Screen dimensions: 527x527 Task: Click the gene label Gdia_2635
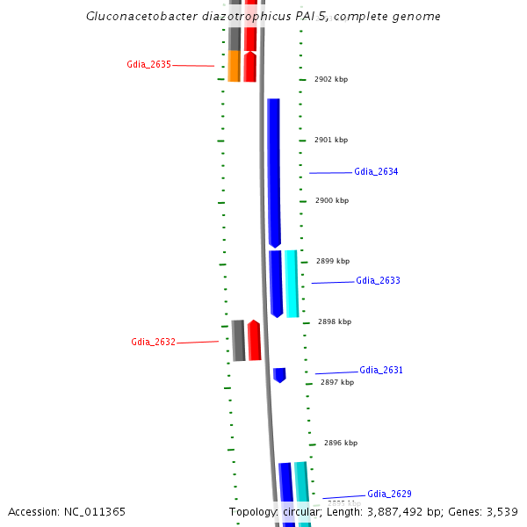[148, 64]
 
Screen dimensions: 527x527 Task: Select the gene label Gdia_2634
[376, 171]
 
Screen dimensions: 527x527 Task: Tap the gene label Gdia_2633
[378, 280]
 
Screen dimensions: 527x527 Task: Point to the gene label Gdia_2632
[153, 342]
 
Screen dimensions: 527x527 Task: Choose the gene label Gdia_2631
[381, 370]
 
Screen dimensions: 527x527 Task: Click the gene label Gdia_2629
[389, 494]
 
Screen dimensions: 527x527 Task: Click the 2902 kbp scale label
[331, 79]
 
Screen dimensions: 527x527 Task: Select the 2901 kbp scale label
[331, 140]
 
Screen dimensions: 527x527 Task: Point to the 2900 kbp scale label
[332, 200]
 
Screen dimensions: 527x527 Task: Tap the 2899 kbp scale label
[333, 261]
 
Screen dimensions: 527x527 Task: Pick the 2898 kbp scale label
[335, 321]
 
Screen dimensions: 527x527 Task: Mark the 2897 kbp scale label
[337, 382]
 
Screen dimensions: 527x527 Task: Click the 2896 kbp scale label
[341, 443]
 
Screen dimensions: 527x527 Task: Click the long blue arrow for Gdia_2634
[274, 171]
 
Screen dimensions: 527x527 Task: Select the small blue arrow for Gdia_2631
[279, 375]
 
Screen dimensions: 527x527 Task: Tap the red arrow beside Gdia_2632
[254, 341]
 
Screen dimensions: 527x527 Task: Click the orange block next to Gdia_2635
[234, 66]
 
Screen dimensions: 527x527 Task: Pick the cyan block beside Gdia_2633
[291, 283]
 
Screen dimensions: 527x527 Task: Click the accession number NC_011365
[67, 511]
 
